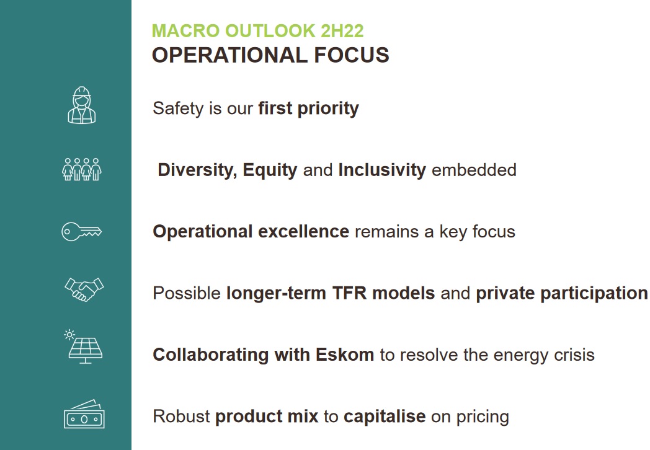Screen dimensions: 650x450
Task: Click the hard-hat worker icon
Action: click(82, 105)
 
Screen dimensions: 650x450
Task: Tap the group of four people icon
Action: click(82, 169)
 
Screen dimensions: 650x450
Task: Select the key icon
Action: click(81, 232)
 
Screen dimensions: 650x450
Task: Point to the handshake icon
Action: click(84, 289)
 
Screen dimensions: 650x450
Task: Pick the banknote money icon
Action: click(84, 414)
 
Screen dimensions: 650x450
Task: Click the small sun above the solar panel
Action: click(69, 335)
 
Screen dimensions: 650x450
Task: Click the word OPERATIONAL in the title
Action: click(229, 55)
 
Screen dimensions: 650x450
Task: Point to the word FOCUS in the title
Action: click(352, 55)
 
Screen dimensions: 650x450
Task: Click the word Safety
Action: click(178, 108)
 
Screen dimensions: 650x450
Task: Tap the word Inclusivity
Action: click(382, 170)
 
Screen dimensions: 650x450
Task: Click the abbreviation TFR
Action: click(349, 293)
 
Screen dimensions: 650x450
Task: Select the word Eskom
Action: click(344, 355)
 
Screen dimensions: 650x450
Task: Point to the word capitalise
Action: click(385, 417)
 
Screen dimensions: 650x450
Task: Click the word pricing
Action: click(483, 417)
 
